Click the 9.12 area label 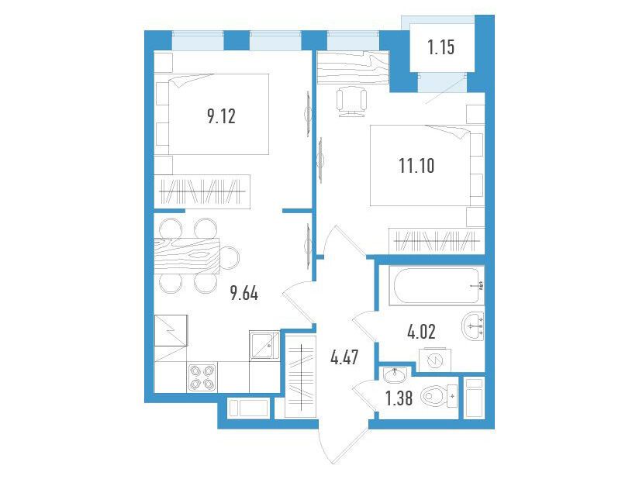[221, 116]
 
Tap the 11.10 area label [416, 166]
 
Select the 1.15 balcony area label [441, 47]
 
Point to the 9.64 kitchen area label [244, 293]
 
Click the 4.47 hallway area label [345, 357]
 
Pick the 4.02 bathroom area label [421, 332]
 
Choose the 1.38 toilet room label [399, 398]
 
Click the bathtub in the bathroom [437, 285]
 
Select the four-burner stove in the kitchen [202, 377]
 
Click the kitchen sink [264, 346]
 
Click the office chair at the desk [351, 102]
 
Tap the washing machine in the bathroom [435, 360]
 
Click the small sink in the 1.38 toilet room [395, 375]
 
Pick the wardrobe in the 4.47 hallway [300, 377]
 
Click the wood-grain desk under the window [353, 67]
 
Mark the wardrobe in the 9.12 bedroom [202, 191]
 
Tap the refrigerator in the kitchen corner [171, 330]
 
